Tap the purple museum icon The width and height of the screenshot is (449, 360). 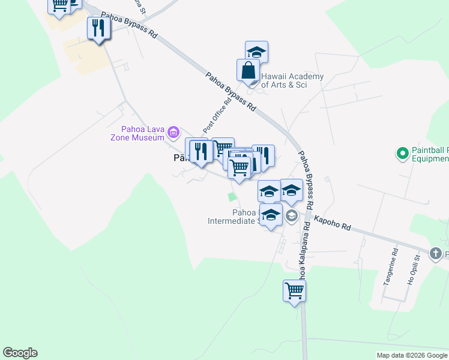[173, 132]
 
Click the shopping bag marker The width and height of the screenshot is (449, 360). [248, 71]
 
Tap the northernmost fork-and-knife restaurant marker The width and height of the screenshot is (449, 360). [98, 29]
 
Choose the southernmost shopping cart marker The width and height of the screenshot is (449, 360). [294, 292]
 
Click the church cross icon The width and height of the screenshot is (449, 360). [436, 254]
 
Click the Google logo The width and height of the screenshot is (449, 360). [20, 353]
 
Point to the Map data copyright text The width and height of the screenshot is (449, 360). [412, 355]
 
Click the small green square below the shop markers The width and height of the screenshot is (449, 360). [232, 197]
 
